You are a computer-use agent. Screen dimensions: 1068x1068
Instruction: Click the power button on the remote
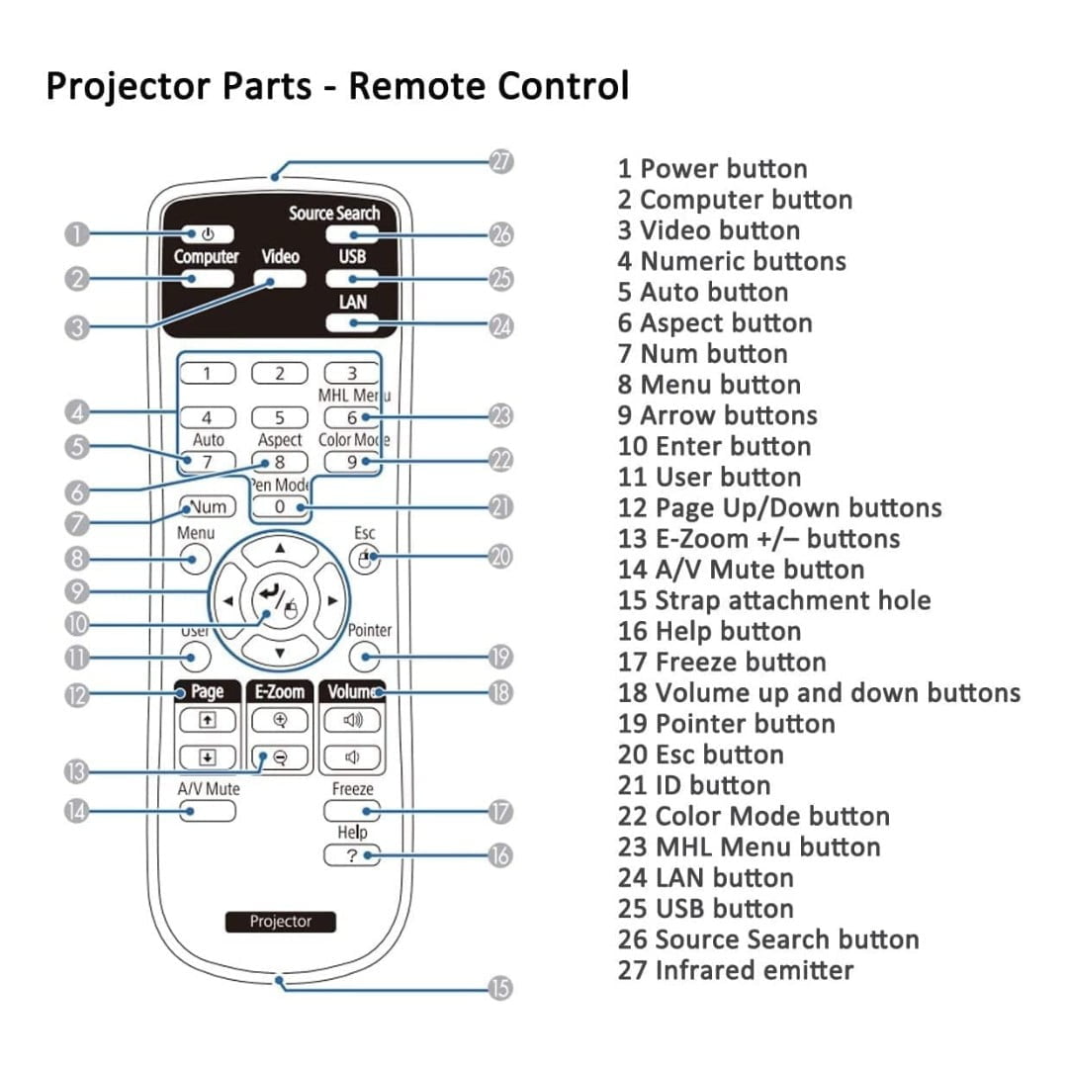point(208,235)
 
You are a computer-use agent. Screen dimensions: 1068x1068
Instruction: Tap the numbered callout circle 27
point(502,162)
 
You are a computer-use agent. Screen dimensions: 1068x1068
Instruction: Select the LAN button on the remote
point(352,322)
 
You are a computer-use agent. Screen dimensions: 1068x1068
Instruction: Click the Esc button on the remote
point(365,560)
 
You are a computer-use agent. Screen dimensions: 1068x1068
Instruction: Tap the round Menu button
point(196,561)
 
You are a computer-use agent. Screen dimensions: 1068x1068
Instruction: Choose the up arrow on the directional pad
point(281,548)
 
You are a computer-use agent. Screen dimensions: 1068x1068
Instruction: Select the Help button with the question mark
point(352,855)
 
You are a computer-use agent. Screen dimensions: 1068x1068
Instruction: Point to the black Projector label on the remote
point(280,922)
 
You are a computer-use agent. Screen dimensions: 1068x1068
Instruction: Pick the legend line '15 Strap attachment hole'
point(773,600)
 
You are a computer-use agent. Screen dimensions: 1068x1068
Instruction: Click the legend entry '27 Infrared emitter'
point(735,970)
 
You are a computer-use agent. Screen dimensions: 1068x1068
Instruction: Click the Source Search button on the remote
point(352,235)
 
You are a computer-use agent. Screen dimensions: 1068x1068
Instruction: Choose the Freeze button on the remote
point(352,811)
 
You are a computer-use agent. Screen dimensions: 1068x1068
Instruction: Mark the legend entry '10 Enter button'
point(713,446)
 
